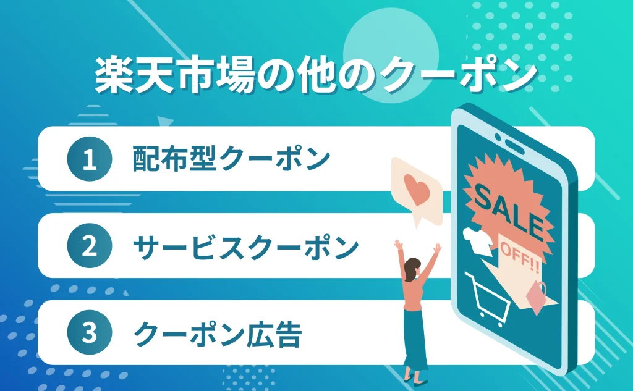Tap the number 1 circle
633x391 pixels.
tap(90, 159)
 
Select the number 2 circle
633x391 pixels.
tap(90, 247)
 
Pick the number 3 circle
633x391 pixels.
tap(90, 334)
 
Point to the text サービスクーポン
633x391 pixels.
tap(246, 247)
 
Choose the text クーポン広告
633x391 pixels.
tap(218, 334)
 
